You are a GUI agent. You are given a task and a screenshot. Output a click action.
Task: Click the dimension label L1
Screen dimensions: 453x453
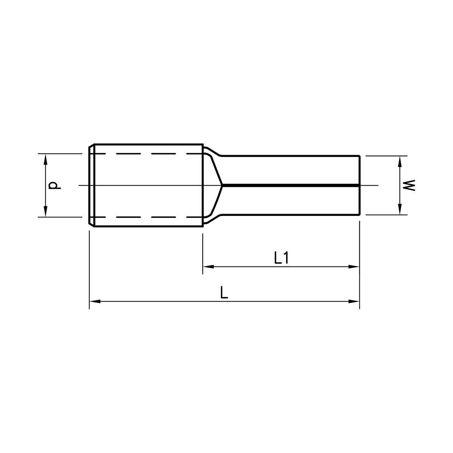[x=281, y=258]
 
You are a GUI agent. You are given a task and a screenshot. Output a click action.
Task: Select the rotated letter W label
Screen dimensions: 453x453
[x=409, y=185]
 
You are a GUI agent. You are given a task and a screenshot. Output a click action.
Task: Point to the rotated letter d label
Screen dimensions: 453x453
[x=54, y=185]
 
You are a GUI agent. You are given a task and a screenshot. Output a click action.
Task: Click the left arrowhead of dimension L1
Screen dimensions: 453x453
[x=208, y=267]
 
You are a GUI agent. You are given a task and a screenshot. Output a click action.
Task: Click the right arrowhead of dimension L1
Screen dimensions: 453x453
[x=354, y=267]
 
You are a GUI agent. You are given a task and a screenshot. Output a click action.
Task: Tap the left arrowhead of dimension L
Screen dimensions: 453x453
[x=95, y=301]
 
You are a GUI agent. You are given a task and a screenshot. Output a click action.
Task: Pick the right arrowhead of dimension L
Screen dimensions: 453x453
[x=354, y=301]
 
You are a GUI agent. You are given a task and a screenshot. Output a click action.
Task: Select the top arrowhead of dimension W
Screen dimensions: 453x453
[x=399, y=161]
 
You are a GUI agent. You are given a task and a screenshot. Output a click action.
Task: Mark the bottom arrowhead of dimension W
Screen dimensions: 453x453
[x=399, y=209]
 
